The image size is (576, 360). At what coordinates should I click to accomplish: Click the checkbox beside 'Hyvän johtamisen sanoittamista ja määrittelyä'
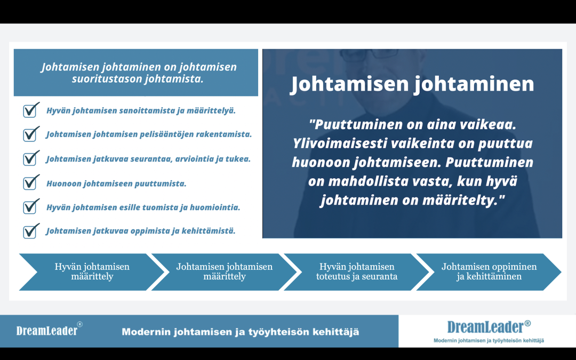30,111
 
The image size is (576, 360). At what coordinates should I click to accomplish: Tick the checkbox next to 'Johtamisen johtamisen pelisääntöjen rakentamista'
30,134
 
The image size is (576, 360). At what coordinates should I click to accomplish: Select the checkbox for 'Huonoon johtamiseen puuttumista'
30,183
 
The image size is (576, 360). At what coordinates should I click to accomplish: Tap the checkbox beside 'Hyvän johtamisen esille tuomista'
30,207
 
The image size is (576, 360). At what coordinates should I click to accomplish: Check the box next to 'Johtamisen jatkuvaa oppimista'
30,231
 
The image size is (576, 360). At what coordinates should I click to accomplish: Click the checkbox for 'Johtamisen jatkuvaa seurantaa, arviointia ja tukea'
30,159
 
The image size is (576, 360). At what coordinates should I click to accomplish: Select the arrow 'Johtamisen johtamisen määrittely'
224,271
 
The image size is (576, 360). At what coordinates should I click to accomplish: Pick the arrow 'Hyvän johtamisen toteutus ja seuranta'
356,271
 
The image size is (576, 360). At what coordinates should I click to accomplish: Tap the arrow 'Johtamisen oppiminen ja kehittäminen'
489,271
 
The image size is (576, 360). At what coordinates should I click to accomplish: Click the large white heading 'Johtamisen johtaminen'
412,84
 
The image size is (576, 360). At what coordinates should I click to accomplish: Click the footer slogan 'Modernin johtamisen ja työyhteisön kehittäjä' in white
240,332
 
